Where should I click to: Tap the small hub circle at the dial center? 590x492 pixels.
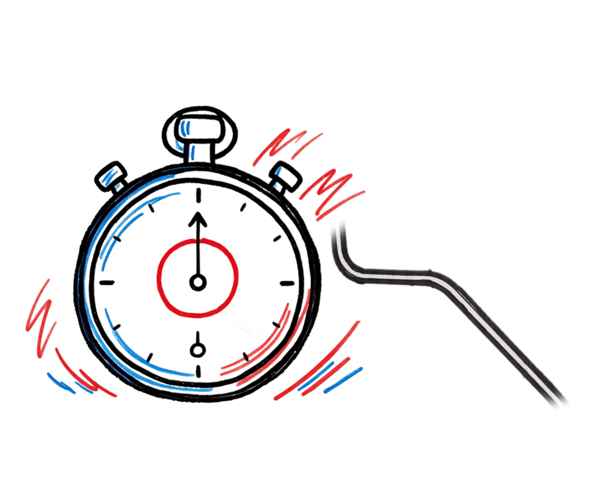198,282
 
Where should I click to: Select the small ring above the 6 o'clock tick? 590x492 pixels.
198,350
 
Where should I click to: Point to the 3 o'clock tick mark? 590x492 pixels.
287,283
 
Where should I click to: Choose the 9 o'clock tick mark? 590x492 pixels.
107,282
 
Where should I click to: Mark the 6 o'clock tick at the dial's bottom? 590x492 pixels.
198,370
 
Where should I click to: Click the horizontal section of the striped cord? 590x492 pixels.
398,274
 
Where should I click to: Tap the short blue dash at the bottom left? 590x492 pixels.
60,382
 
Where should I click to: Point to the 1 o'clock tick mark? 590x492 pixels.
244,205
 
